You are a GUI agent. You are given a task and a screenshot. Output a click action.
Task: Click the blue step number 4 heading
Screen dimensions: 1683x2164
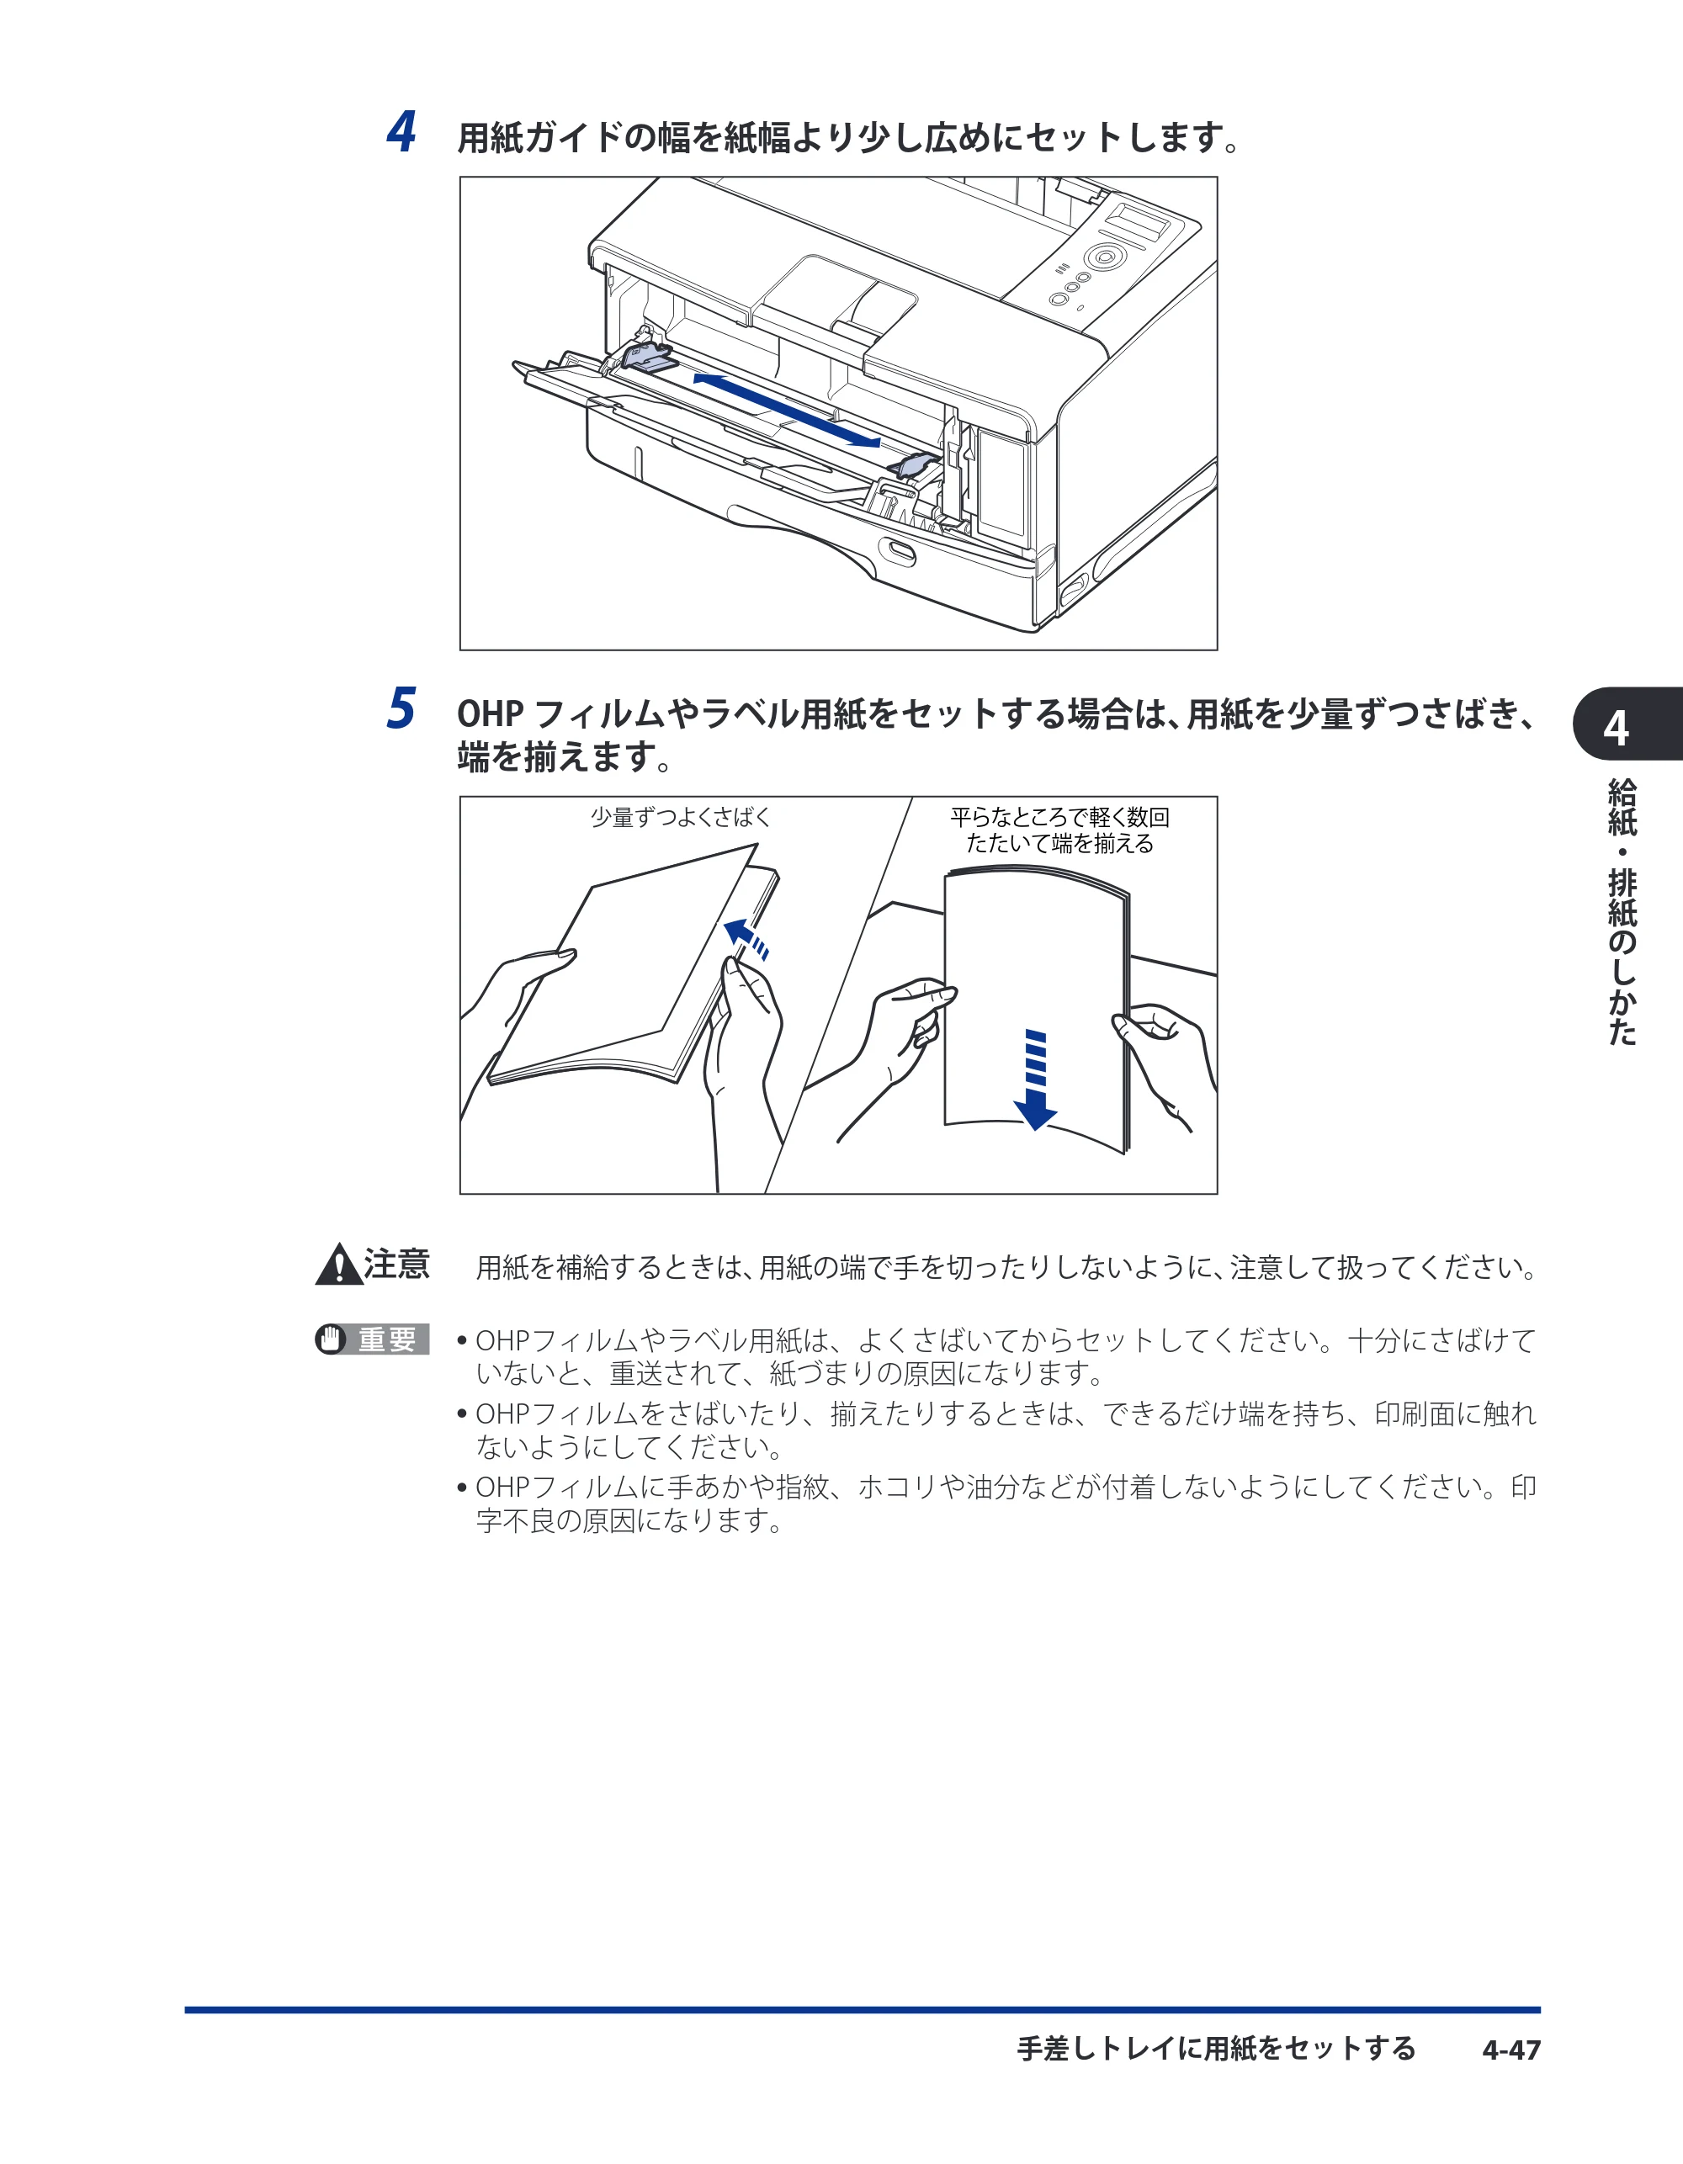[x=401, y=132]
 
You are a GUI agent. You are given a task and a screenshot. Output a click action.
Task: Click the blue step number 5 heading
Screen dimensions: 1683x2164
[x=401, y=708]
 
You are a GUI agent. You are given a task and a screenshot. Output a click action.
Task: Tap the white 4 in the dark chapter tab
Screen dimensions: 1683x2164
[x=1616, y=729]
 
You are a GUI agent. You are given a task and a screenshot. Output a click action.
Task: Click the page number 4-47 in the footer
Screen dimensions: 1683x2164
[x=1511, y=2049]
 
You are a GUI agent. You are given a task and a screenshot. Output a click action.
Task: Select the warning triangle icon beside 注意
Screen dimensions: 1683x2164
[x=339, y=1265]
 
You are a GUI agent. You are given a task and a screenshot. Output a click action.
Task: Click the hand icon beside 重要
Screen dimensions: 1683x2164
[x=331, y=1339]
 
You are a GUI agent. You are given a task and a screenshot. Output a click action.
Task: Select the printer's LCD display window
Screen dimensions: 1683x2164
[x=1137, y=220]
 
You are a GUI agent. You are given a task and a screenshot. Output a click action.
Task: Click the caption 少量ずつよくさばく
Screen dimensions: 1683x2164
[x=680, y=818]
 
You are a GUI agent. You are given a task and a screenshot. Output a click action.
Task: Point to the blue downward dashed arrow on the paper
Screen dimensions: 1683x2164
[x=1036, y=1079]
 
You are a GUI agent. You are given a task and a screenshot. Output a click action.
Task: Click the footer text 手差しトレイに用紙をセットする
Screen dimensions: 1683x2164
[x=1216, y=2048]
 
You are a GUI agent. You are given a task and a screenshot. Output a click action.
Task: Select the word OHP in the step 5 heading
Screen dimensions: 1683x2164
[x=490, y=713]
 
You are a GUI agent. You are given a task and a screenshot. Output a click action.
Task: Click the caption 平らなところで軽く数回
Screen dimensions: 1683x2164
[x=1059, y=818]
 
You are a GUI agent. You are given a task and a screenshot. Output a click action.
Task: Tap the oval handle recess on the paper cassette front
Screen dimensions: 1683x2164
[x=901, y=552]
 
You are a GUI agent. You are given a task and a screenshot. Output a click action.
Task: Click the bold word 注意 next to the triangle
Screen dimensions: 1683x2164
[x=396, y=1265]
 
